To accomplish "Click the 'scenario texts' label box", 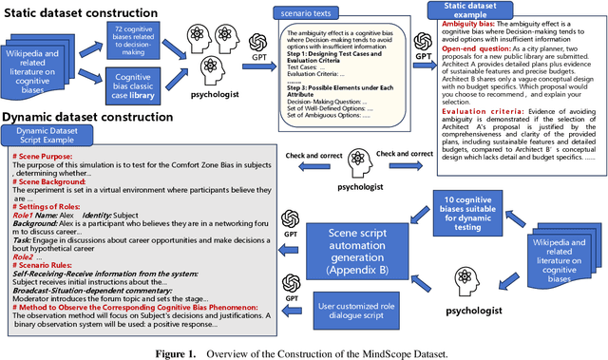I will coord(310,15).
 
